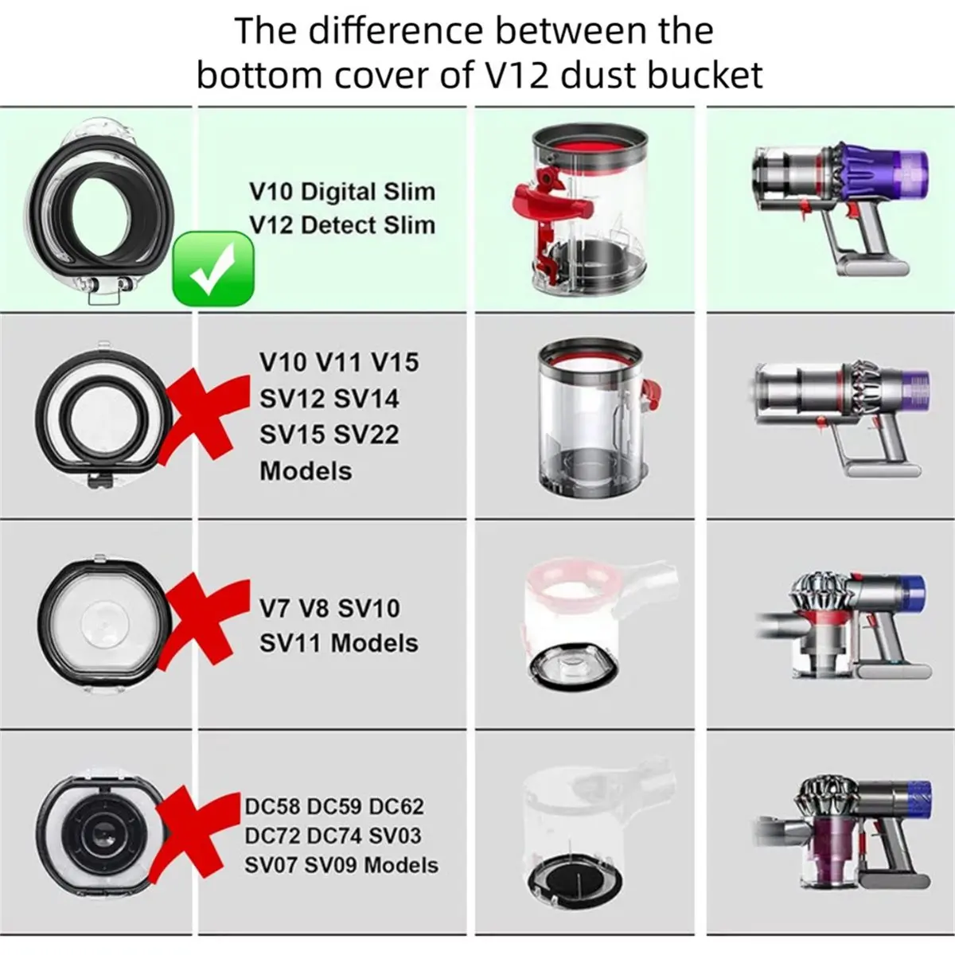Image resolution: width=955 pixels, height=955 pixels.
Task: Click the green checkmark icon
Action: (x=213, y=269)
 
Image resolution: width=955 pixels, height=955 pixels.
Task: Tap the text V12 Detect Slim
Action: (x=342, y=225)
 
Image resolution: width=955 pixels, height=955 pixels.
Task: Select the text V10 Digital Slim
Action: (x=342, y=192)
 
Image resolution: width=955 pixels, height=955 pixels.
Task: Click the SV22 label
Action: (x=366, y=435)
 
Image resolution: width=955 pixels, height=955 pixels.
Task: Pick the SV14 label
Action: (x=366, y=399)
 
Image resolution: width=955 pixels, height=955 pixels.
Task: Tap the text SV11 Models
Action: (x=339, y=643)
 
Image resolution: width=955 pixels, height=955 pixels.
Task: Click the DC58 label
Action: (x=272, y=806)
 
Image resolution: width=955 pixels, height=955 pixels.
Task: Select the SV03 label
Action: (x=395, y=836)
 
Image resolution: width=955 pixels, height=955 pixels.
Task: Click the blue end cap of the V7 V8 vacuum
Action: (x=910, y=598)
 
